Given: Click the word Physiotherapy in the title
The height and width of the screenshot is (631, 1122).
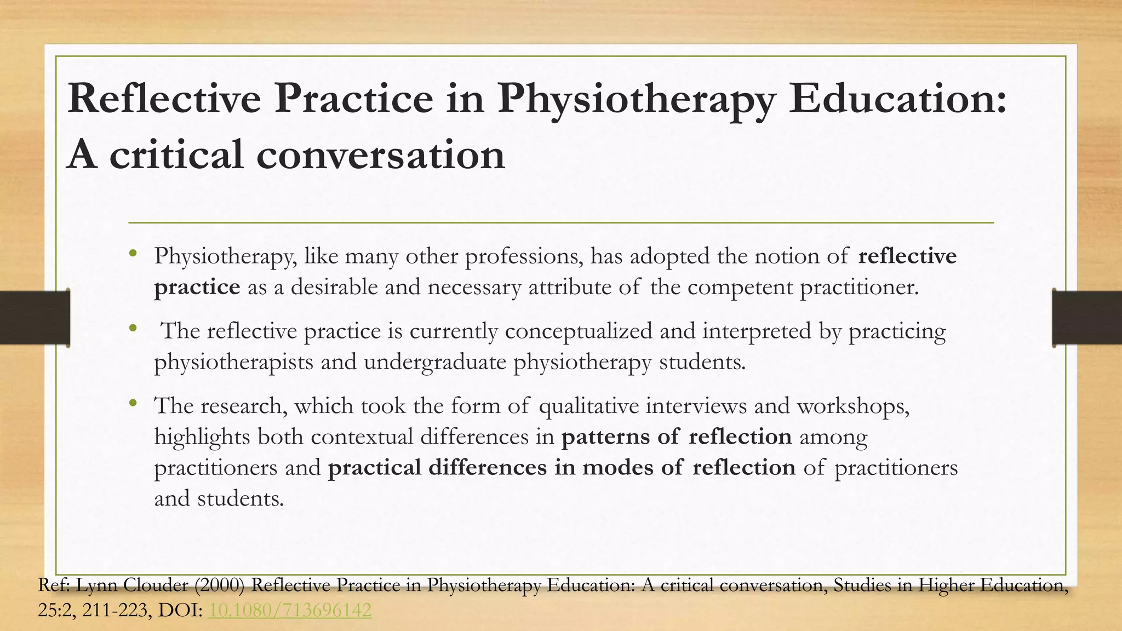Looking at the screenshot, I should click(x=635, y=100).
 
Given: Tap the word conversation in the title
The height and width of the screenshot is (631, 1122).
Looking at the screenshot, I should click(x=380, y=155).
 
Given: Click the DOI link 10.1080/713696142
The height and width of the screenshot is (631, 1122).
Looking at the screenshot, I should click(x=290, y=610).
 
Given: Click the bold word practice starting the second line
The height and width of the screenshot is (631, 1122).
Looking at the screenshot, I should click(x=197, y=288).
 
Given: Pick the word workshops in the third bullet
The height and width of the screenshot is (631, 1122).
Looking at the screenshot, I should click(x=852, y=406).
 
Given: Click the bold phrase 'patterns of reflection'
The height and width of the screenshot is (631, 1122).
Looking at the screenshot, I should click(x=677, y=437).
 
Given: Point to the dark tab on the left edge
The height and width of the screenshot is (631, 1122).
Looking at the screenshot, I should click(x=35, y=318).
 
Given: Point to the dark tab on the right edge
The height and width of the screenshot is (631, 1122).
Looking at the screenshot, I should click(x=1087, y=318).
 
